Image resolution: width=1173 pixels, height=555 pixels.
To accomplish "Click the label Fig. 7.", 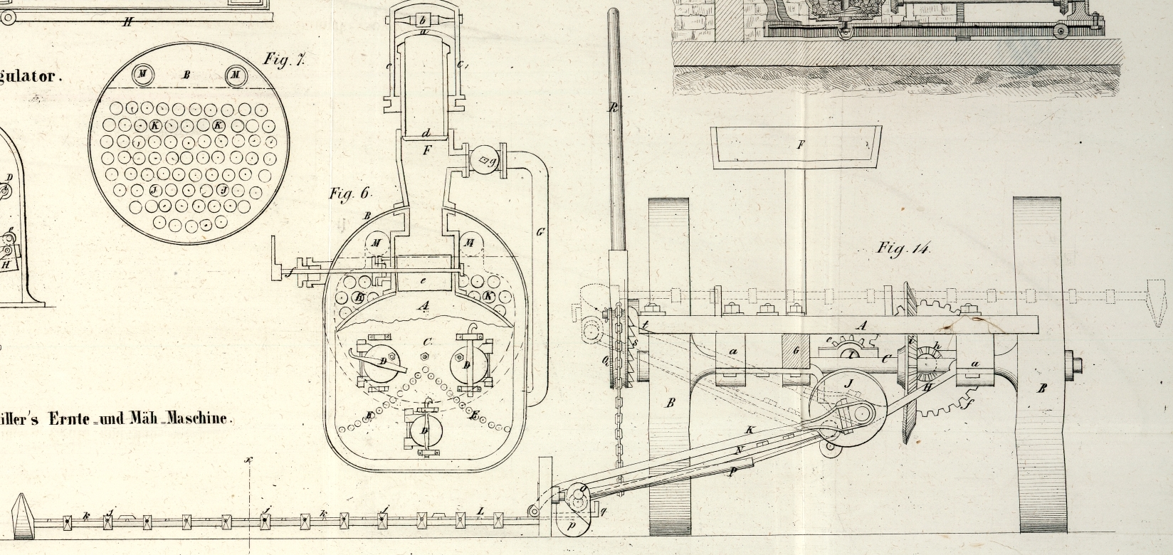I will pos(284,59).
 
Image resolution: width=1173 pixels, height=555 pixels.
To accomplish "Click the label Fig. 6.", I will pos(350,194).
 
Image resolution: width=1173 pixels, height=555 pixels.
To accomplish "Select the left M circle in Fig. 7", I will pos(142,74).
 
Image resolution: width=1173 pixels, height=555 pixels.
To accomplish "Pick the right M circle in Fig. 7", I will pos(236,75).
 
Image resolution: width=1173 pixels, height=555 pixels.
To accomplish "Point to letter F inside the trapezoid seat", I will pos(800,145).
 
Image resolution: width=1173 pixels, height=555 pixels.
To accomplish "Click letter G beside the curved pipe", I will pos(540,232).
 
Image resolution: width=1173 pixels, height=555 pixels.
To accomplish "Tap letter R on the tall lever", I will pos(614,108).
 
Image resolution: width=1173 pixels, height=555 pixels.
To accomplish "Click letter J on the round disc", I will pos(848,384).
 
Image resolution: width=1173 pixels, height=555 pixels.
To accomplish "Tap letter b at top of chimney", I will pos(422,19).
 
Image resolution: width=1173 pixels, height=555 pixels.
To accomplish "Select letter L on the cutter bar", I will pos(480,512).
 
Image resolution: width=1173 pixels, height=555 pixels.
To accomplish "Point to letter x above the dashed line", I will pos(249,460).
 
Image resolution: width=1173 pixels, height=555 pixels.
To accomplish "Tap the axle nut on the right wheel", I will pos(1073,366).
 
